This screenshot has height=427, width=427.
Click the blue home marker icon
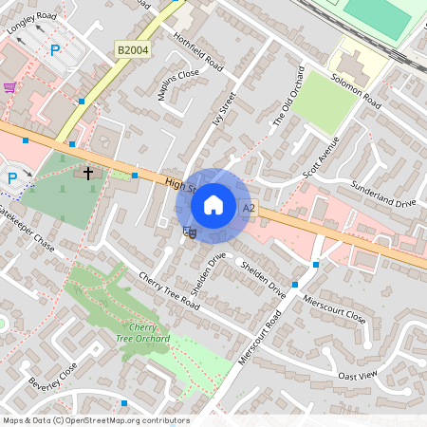click(x=213, y=204)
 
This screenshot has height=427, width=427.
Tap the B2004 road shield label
click(x=133, y=49)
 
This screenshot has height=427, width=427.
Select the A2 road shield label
click(x=250, y=208)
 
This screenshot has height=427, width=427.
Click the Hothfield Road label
click(x=197, y=52)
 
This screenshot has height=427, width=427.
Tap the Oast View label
click(x=358, y=377)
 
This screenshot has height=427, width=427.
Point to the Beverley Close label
click(x=51, y=377)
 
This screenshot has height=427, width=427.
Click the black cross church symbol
click(x=89, y=174)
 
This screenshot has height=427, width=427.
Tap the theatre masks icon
click(x=189, y=231)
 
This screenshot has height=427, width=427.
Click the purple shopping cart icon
click(x=9, y=87)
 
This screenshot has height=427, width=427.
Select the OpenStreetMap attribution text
click(x=96, y=420)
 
